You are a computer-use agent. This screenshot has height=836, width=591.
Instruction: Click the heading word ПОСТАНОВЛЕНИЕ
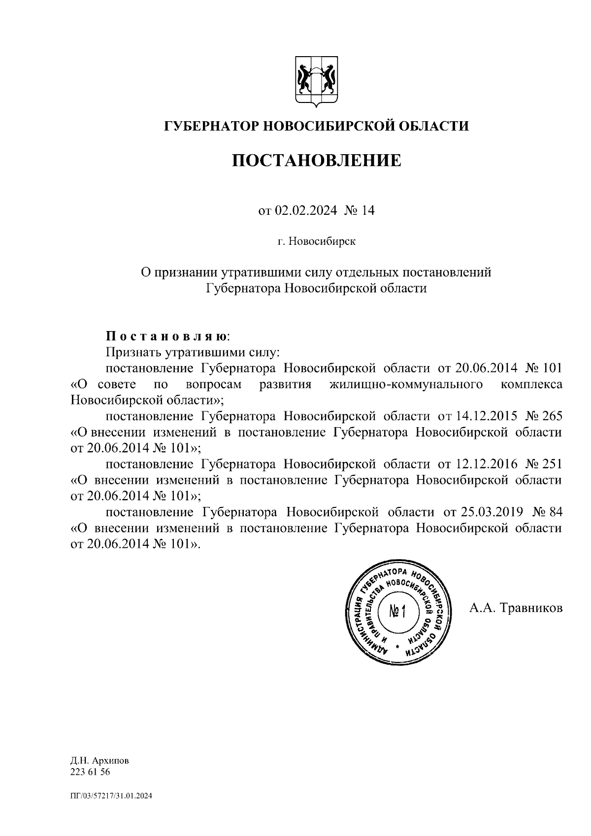[317, 160]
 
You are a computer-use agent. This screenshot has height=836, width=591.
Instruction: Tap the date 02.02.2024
[306, 211]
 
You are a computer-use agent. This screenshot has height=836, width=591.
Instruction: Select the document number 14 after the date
[368, 211]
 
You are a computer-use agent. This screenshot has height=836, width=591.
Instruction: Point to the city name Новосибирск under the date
[322, 242]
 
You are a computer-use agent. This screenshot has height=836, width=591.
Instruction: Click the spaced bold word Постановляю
[167, 336]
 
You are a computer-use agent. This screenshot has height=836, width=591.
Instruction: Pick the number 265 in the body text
[552, 416]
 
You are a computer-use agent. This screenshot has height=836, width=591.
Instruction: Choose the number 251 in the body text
[552, 464]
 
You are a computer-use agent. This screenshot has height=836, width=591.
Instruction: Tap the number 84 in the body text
[555, 512]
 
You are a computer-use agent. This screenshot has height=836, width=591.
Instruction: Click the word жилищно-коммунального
[405, 384]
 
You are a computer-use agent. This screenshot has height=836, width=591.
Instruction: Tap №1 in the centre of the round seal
[397, 611]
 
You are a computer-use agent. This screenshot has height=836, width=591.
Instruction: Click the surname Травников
[531, 608]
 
